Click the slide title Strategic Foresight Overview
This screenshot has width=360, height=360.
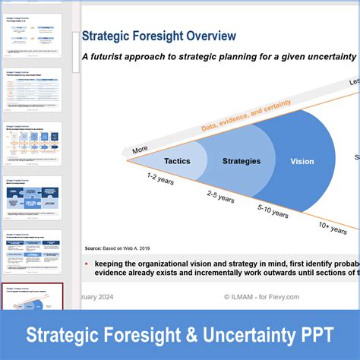pyautogui.click(x=159, y=36)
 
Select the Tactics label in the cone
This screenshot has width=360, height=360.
pyautogui.click(x=177, y=161)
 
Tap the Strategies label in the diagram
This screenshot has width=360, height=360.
pyautogui.click(x=242, y=161)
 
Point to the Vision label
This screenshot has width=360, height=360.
pyautogui.click(x=302, y=161)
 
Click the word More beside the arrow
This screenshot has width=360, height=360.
pyautogui.click(x=140, y=150)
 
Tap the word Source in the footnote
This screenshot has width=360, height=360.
pyautogui.click(x=93, y=248)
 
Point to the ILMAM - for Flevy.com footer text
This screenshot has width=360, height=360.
pyautogui.click(x=262, y=297)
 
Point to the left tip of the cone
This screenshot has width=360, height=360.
pyautogui.click(x=128, y=160)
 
